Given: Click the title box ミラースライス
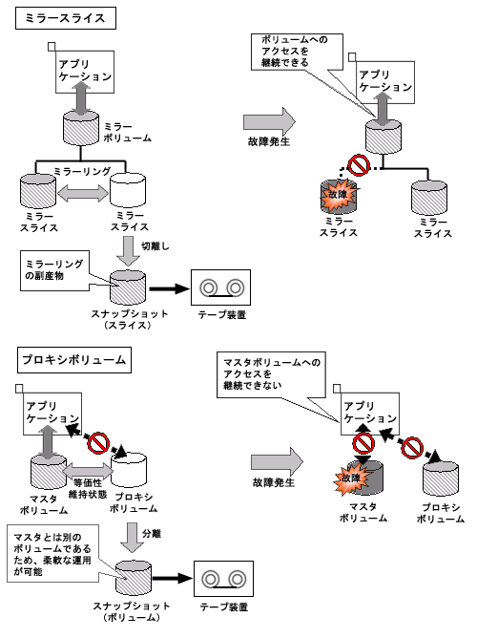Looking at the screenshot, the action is [66, 18].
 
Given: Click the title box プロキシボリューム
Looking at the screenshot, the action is [74, 360].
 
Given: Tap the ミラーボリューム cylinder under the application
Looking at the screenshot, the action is [81, 129].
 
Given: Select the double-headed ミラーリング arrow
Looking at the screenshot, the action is [83, 193].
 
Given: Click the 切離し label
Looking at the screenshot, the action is [156, 246].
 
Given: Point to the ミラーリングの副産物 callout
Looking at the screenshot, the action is [54, 270].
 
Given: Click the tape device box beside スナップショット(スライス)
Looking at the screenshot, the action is [220, 287].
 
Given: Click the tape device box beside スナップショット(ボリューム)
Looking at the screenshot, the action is [223, 579].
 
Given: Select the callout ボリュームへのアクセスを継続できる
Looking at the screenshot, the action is [297, 52].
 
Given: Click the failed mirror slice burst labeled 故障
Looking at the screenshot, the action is [338, 196].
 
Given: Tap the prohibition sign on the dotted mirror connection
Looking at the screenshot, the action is [359, 165].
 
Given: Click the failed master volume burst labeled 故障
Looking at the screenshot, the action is [351, 478].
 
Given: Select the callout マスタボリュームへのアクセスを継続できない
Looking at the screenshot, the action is [271, 374].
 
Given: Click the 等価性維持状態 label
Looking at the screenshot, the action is [88, 488].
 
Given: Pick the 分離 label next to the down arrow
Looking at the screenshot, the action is [152, 534].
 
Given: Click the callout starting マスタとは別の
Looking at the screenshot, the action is [52, 553].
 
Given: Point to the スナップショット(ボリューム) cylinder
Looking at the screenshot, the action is [134, 578].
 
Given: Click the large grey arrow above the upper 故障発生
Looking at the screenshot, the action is [269, 121].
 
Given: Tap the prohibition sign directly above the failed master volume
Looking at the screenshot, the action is [363, 443].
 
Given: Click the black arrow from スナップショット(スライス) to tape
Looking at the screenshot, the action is [170, 288].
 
